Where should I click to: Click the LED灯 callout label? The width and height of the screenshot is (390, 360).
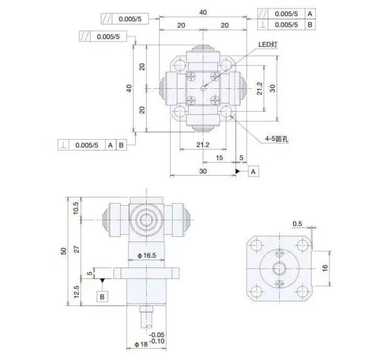tap(268, 45)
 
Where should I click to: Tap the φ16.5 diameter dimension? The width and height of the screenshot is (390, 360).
tap(147, 254)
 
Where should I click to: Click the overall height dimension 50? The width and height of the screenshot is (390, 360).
tap(64, 251)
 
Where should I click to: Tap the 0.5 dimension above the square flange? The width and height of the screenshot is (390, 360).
tap(297, 224)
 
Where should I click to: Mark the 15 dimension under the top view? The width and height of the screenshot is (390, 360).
tap(219, 157)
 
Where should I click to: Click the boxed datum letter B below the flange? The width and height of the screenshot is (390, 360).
tap(102, 296)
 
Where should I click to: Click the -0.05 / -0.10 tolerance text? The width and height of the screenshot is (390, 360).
tap(156, 338)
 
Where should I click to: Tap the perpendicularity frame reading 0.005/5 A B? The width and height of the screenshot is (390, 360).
tap(91, 145)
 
